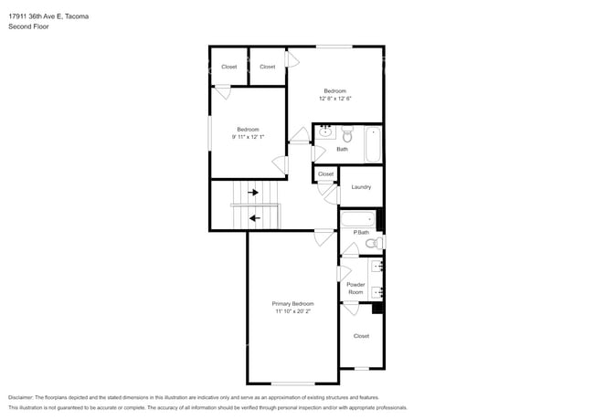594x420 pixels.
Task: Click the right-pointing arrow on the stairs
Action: point(254,193)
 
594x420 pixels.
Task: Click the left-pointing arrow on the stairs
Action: point(254,218)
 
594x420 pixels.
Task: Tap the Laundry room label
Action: point(361,187)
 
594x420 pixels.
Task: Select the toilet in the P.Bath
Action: point(371,243)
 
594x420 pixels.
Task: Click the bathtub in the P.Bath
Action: point(358,219)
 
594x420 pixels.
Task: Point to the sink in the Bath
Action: point(324,132)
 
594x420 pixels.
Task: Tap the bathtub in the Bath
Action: point(373,144)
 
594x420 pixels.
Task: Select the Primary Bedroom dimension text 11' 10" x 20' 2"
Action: point(292,311)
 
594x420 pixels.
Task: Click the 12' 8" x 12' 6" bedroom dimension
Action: point(334,99)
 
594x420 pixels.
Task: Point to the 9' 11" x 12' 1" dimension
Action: point(248,137)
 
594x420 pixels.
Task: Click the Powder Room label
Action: point(355,289)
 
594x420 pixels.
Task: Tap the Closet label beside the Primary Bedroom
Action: point(361,336)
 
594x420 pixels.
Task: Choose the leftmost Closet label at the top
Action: point(228,67)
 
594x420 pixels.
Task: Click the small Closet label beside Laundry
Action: point(325,173)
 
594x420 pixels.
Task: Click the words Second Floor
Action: point(29,27)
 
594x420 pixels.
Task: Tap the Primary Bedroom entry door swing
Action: point(323,237)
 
